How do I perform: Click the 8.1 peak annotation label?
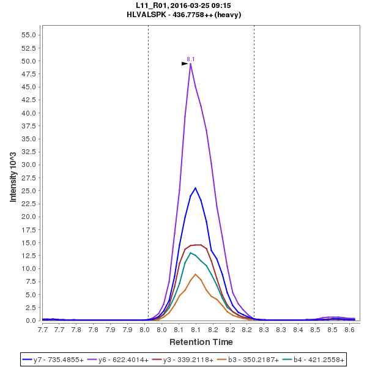coord(191,59)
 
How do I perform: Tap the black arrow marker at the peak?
coord(185,63)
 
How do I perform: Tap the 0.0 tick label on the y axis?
coord(31,321)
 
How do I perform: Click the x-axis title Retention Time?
coord(201,341)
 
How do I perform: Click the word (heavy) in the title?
coord(228,15)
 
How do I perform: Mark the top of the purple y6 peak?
coord(191,64)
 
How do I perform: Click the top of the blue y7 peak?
coord(195,188)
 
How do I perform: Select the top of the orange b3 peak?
coord(195,274)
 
